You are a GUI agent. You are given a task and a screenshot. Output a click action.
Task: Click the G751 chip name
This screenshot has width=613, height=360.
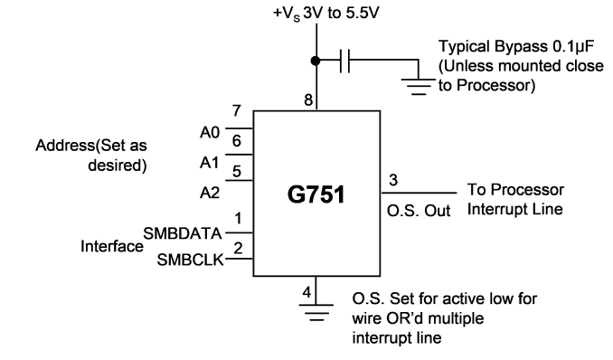click(x=316, y=194)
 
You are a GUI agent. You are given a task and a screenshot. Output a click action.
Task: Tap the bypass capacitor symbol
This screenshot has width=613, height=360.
click(x=344, y=61)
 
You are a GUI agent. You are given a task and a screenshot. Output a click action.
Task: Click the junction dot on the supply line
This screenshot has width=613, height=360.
click(x=316, y=61)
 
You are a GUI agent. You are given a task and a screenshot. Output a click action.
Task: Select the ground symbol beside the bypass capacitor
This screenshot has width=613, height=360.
click(x=419, y=87)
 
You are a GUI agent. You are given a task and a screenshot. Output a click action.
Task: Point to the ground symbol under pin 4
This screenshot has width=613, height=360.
click(x=316, y=312)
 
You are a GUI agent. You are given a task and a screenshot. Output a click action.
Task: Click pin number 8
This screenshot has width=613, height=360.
click(x=308, y=100)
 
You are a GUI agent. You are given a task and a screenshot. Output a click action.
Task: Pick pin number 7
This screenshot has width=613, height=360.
click(x=237, y=110)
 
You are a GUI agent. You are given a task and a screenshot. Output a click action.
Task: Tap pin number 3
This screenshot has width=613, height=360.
click(x=393, y=180)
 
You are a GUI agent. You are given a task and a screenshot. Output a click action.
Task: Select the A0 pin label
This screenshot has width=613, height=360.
click(x=210, y=133)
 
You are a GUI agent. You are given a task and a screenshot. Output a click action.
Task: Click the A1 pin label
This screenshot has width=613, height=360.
click(x=210, y=163)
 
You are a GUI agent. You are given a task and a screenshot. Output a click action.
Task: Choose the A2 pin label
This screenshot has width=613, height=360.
click(x=210, y=193)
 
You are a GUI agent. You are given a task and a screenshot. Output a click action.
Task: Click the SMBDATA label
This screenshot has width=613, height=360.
click(x=183, y=233)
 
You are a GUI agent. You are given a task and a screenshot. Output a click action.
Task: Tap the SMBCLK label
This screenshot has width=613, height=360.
click(x=191, y=260)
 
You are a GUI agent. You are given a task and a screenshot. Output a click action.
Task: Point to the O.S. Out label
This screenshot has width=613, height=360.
click(x=419, y=211)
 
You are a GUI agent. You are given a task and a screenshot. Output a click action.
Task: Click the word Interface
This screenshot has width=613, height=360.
click(x=112, y=247)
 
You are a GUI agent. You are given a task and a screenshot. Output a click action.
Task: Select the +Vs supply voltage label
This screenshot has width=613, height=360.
click(x=326, y=14)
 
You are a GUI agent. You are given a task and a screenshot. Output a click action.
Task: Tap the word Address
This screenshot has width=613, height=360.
click(x=65, y=146)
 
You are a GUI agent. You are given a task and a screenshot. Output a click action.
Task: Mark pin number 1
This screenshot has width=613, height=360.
click(x=238, y=218)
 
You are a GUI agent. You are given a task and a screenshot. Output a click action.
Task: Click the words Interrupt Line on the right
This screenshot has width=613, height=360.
click(x=514, y=209)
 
